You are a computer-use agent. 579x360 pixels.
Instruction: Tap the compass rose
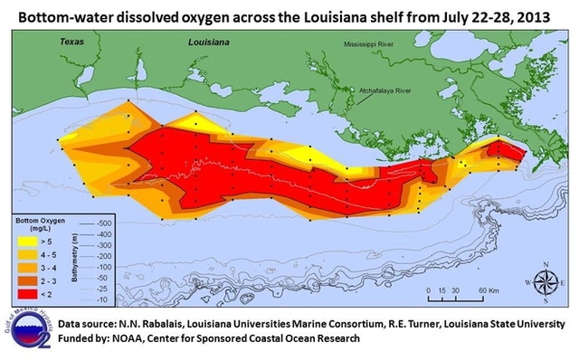click(x=546, y=281)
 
